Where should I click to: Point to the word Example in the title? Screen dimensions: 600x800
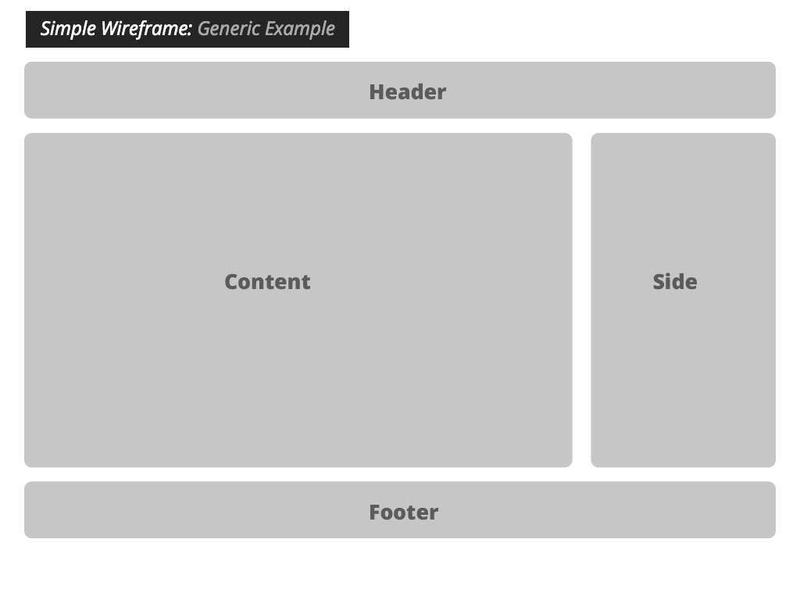tap(301, 29)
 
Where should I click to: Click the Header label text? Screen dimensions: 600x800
tap(407, 91)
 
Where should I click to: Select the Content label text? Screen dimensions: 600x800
tap(267, 281)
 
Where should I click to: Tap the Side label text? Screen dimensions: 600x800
tap(675, 281)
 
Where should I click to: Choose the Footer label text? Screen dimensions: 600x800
tap(403, 512)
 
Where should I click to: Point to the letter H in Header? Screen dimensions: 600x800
tap(377, 91)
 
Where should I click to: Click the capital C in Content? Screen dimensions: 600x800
tap(231, 281)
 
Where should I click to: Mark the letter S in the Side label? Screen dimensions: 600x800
tap(659, 281)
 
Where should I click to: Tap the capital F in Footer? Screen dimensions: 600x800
tap(375, 512)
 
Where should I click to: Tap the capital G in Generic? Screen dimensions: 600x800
tap(204, 29)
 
